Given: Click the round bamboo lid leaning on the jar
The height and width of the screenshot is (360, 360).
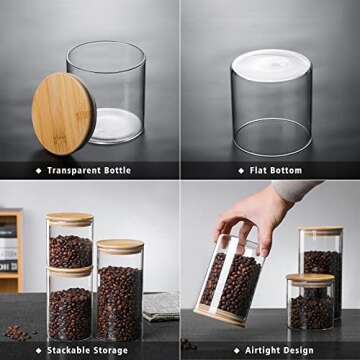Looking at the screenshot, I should [x=63, y=113].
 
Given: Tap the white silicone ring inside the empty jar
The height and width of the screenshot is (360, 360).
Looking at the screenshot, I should [x=115, y=124].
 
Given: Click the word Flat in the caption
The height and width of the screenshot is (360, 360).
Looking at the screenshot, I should [x=260, y=171].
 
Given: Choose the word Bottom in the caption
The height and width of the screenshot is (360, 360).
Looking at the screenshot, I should [x=291, y=171].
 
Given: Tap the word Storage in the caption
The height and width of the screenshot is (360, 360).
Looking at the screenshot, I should [x=113, y=351].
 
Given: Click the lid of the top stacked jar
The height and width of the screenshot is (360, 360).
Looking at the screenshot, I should [x=70, y=219].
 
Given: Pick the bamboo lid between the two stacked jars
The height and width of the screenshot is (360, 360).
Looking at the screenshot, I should [x=70, y=270].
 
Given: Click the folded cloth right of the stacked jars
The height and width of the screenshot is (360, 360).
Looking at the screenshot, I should [x=160, y=306].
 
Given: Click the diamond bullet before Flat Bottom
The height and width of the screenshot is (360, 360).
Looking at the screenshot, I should [x=240, y=171].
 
